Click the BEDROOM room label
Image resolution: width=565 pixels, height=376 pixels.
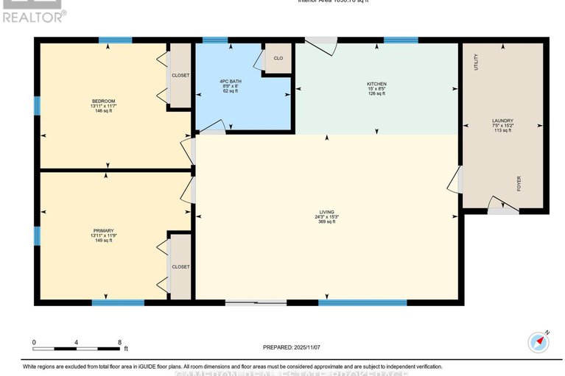[103, 101]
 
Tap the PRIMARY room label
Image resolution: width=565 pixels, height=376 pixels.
[103, 230]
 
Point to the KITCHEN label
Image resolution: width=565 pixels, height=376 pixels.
[376, 84]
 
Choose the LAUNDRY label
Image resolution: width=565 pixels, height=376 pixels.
[502, 121]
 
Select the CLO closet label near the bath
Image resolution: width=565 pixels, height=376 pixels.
[278, 58]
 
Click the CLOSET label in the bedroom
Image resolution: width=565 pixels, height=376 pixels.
[180, 74]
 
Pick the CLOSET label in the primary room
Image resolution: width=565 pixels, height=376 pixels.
[180, 266]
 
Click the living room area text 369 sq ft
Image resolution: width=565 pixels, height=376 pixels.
[327, 221]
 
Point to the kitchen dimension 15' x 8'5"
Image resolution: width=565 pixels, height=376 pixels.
[376, 89]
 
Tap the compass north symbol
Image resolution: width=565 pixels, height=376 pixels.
[539, 341]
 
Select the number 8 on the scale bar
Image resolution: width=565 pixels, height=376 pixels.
[119, 342]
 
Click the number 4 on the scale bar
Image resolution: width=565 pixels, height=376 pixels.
[77, 342]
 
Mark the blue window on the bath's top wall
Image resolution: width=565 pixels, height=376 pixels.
[215, 40]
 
